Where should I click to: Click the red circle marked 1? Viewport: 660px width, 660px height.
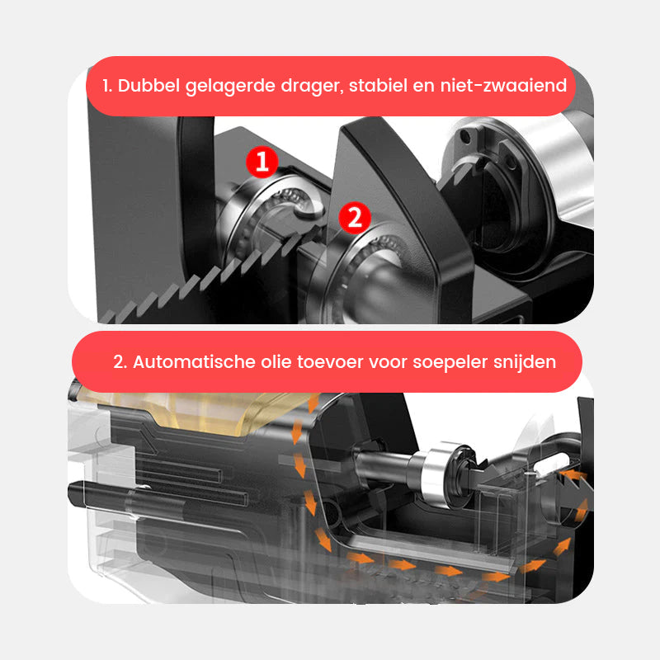tap(262, 163)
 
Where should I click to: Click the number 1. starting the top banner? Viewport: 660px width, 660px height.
tap(108, 85)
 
